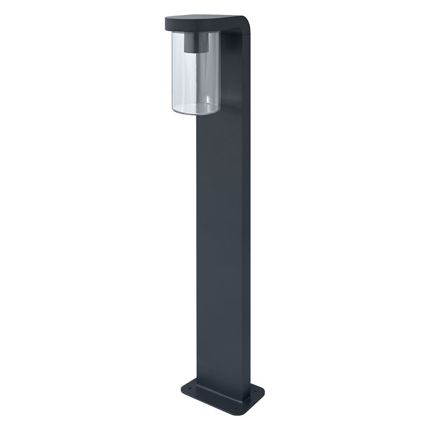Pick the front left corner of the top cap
tap(163, 25)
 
